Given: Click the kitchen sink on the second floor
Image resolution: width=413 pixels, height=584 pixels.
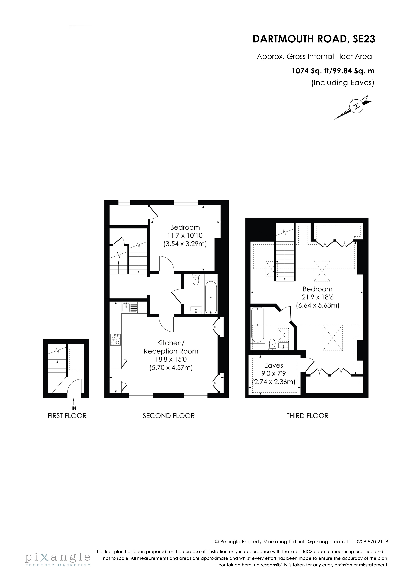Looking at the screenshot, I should pos(130,307).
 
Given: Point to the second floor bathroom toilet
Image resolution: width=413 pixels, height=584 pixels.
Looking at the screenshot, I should pos(196,280).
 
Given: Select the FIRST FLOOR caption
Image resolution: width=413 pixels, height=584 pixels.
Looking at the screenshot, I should pos(67,416).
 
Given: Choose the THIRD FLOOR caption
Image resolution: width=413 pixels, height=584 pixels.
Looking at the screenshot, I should pos(307,416).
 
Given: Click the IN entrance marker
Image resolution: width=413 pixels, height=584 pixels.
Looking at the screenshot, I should pos(74,408).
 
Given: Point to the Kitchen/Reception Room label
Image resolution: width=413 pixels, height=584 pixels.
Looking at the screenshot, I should pos(171,347).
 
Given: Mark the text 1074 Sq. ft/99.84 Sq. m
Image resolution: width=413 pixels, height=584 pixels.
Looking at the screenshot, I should pos(333,71).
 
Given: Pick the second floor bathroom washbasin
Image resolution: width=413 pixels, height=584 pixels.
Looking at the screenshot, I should pos(196,310).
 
